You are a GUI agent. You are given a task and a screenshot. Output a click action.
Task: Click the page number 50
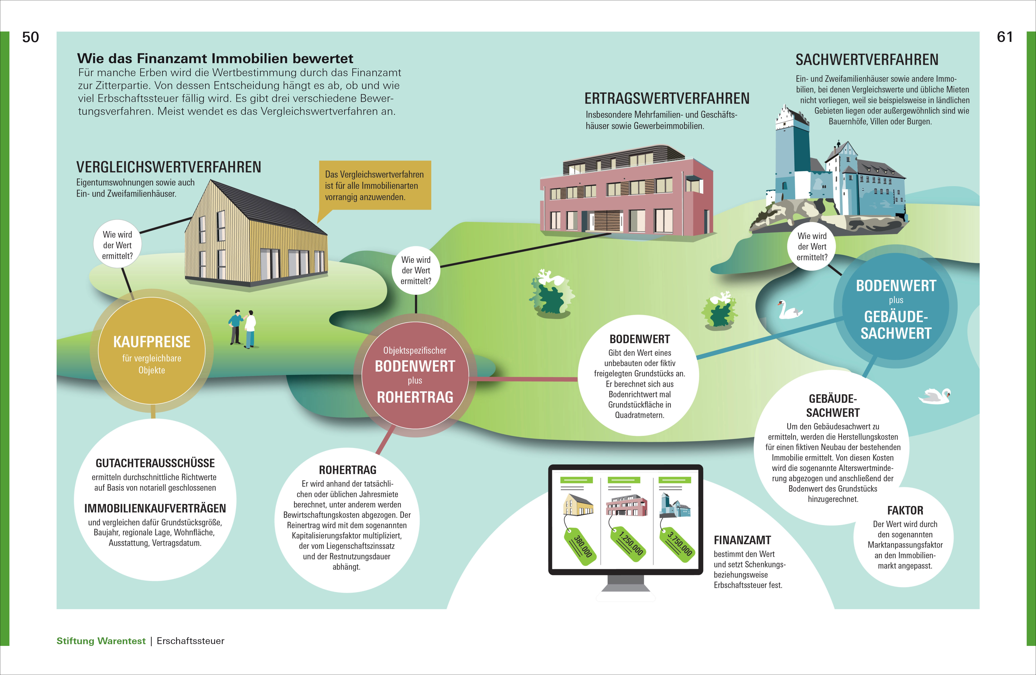point(31,37)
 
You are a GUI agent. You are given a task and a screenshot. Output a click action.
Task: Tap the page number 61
point(1005,37)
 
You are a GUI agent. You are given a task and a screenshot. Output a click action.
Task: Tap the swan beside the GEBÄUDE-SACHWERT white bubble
point(935,396)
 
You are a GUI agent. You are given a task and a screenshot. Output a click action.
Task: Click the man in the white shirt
point(250,329)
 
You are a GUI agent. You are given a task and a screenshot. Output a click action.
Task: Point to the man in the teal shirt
point(235,326)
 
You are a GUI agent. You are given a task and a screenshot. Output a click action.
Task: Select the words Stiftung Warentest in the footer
point(101,641)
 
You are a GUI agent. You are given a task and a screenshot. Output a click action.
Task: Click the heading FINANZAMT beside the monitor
point(742,540)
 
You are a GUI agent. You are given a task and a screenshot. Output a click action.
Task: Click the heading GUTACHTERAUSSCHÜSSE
point(155,463)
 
